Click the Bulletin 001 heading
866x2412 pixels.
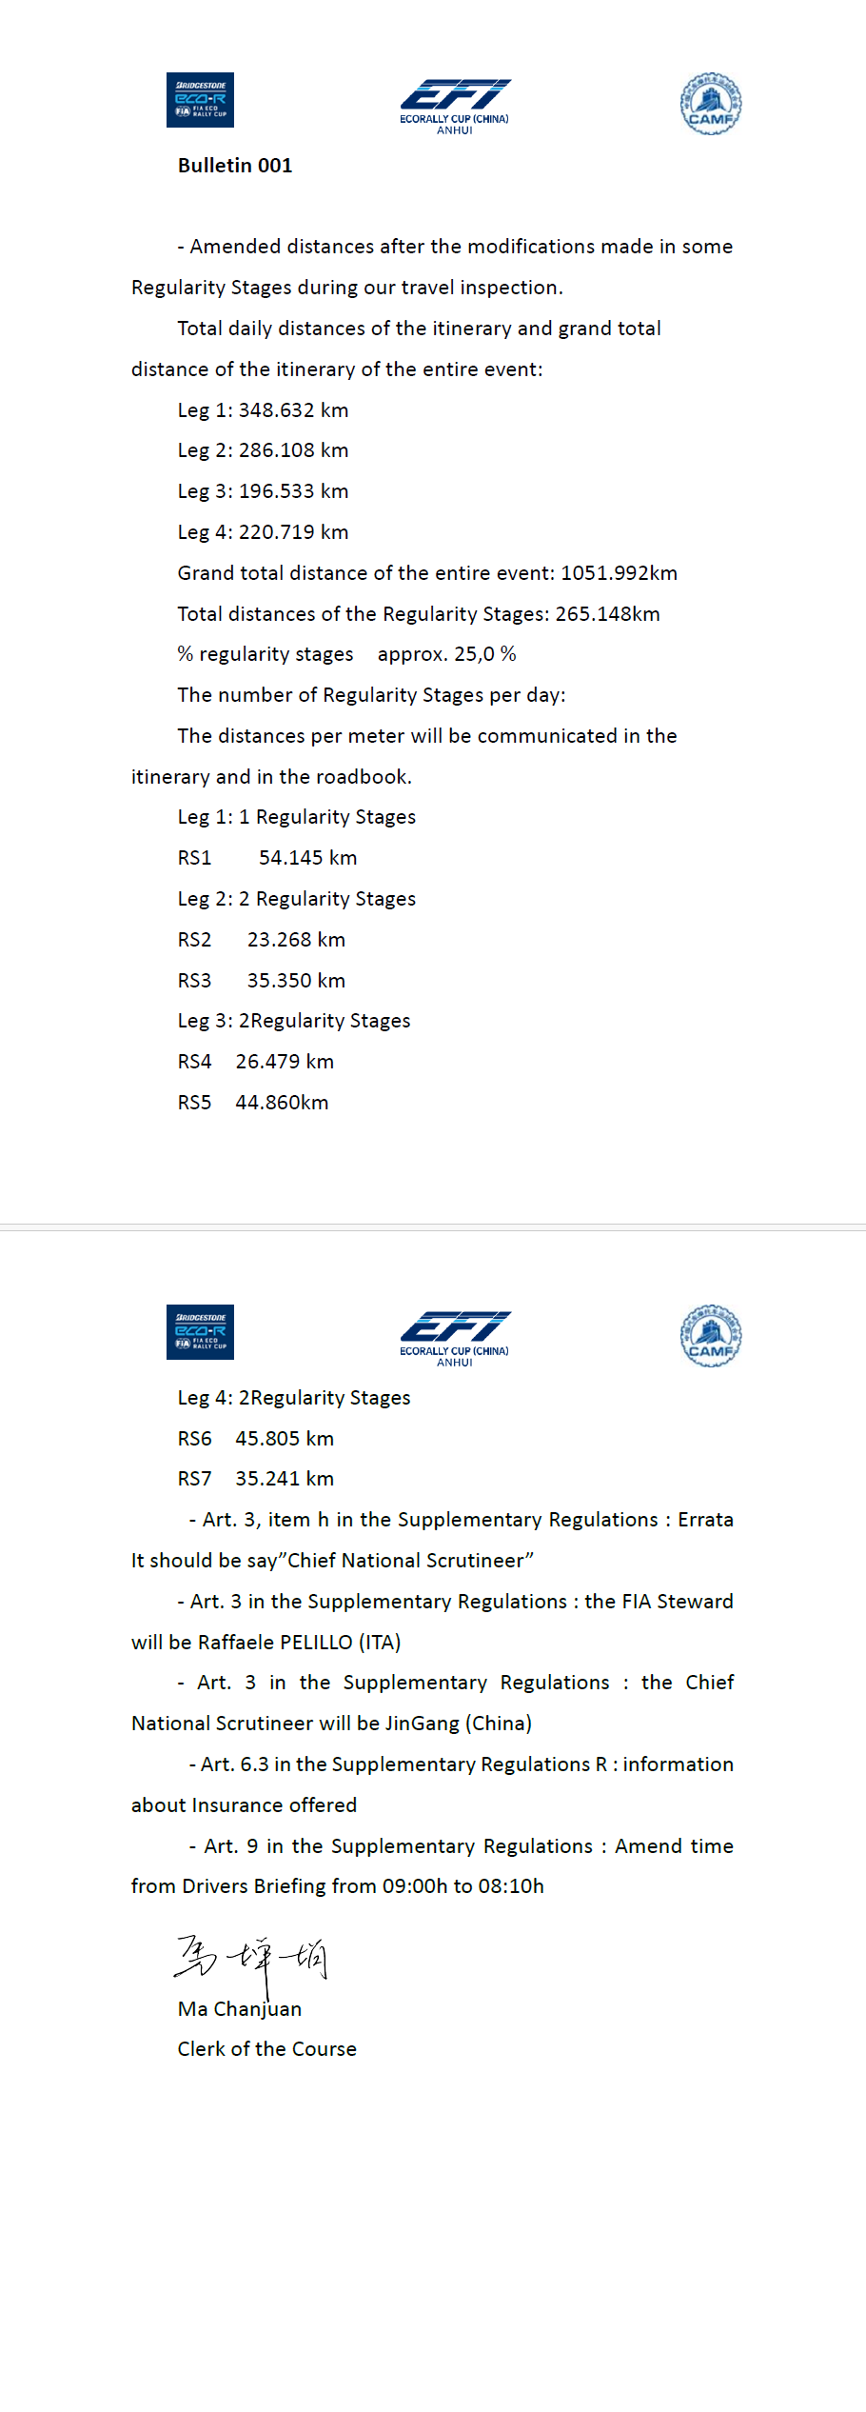coord(235,166)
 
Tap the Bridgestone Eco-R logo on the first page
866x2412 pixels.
coord(200,100)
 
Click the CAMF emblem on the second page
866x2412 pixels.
coord(711,1335)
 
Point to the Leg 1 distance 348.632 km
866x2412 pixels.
coord(293,410)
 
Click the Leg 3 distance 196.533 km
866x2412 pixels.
coord(293,491)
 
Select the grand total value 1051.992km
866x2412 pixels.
coord(619,573)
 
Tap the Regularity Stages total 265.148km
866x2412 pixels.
coord(607,614)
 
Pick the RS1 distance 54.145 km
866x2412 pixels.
coord(307,858)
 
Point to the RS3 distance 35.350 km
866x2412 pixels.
coord(296,981)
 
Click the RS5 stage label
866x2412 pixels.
coord(194,1103)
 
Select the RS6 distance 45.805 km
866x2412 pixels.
coord(285,1439)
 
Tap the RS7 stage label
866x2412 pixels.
coord(194,1479)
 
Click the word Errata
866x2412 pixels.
coord(705,1520)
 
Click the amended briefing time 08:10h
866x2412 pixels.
coord(512,1886)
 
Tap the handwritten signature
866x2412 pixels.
coord(251,1960)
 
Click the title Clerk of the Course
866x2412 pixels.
coord(266,2049)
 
